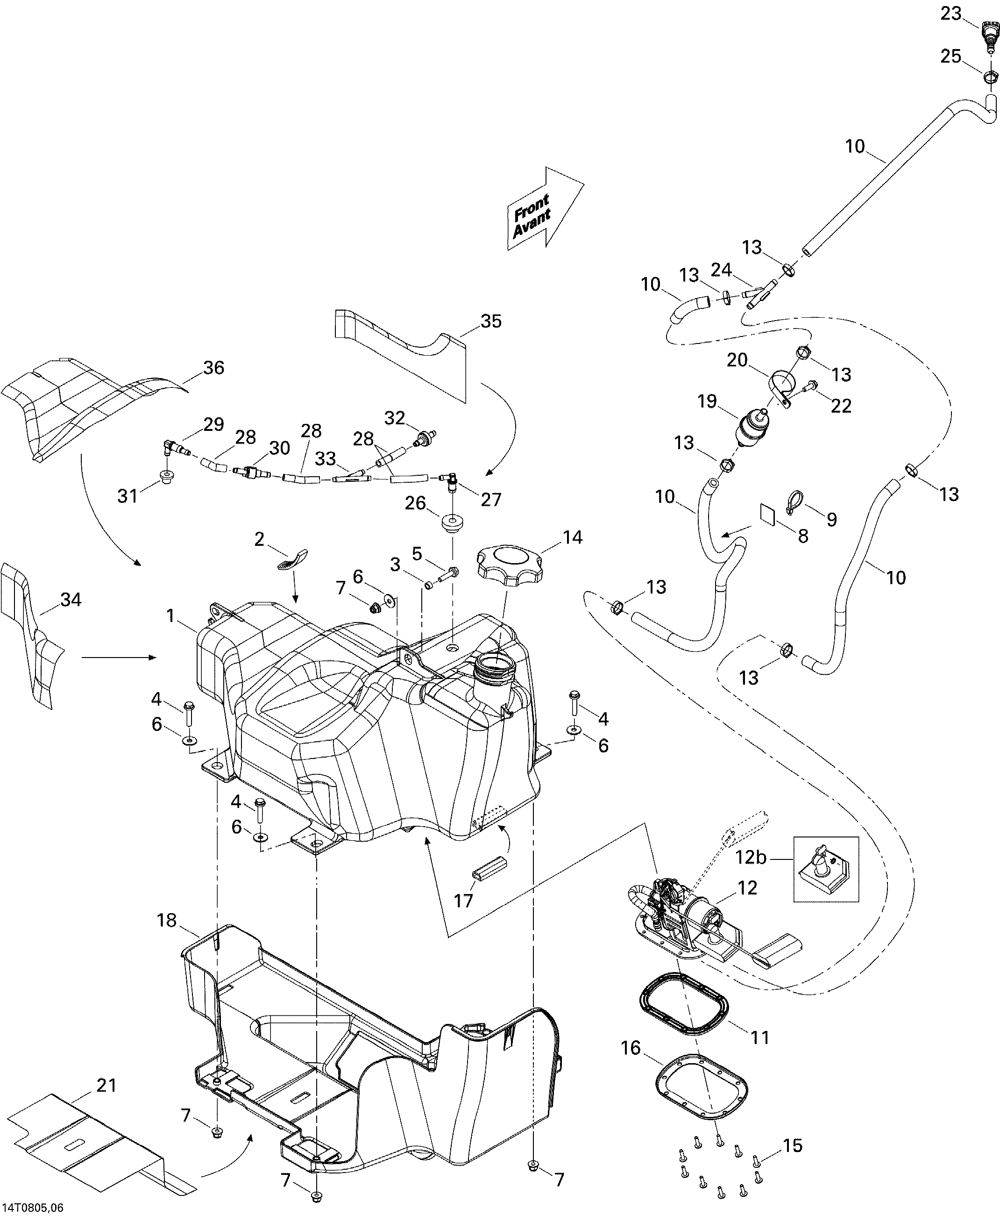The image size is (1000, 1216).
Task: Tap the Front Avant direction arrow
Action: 544,208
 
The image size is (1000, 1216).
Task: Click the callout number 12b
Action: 751,873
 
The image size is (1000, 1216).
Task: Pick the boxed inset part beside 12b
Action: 826,869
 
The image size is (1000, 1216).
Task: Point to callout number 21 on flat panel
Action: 106,1085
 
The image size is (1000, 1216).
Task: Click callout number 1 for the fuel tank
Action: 170,616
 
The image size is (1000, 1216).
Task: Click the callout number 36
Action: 214,368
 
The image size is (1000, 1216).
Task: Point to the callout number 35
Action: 491,321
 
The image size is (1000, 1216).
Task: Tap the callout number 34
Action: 71,600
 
